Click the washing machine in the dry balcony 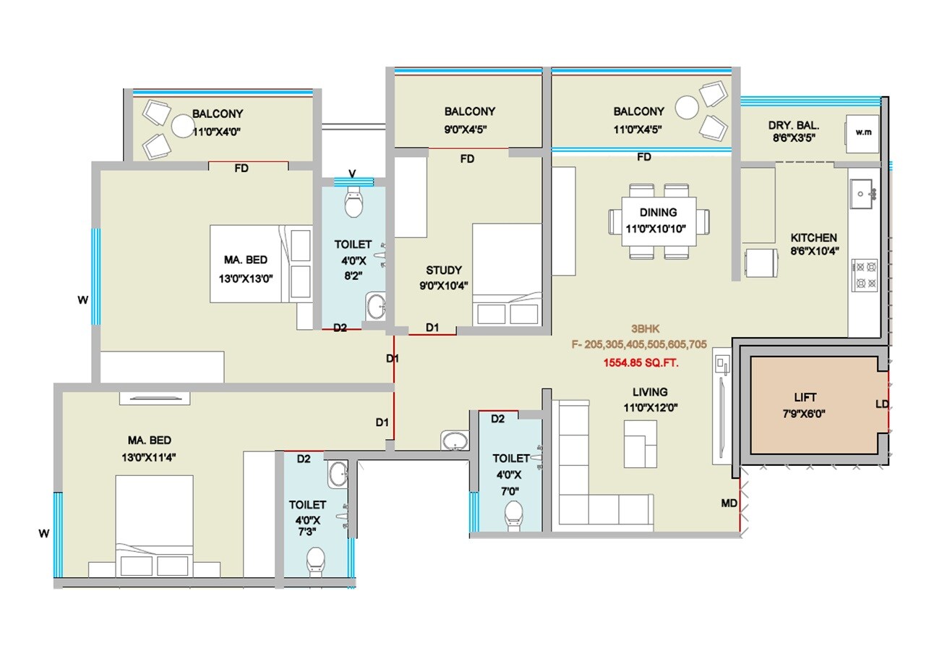(x=862, y=133)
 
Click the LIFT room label (x=805, y=397)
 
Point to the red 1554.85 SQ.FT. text (x=641, y=362)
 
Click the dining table (x=658, y=221)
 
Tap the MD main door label (x=729, y=503)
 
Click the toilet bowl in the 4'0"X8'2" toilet (x=354, y=205)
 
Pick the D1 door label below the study (x=432, y=328)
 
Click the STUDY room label (x=443, y=271)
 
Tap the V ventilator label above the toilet (x=352, y=174)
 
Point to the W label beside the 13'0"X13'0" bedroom (x=83, y=299)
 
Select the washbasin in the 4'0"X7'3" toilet (x=338, y=475)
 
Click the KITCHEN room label (x=813, y=237)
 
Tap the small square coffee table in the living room (x=641, y=442)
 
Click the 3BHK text (x=638, y=326)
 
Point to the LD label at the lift (x=881, y=404)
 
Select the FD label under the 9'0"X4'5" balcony (x=467, y=158)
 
